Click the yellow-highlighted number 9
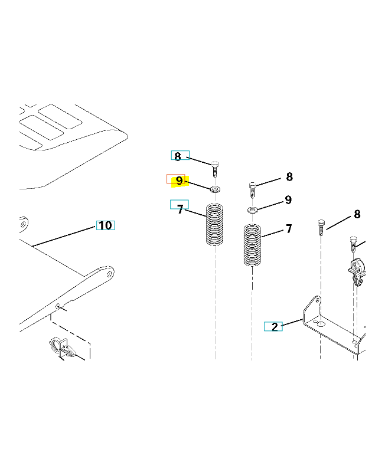(x=180, y=181)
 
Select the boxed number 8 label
(x=178, y=156)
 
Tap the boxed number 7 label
(x=180, y=209)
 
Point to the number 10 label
(x=106, y=225)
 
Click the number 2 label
(x=275, y=327)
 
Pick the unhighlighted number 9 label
(x=288, y=200)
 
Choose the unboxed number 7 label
(x=289, y=229)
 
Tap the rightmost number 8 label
(x=357, y=214)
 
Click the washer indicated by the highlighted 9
(x=215, y=189)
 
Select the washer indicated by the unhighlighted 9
(x=253, y=209)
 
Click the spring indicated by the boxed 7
(x=214, y=225)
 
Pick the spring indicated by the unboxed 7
(x=252, y=245)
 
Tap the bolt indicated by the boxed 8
(x=215, y=169)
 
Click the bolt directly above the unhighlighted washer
(x=253, y=190)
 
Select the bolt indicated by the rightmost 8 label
(x=321, y=228)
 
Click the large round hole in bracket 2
(x=322, y=324)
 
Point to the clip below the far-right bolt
(x=357, y=271)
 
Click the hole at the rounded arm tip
(x=109, y=274)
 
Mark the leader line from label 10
(x=64, y=237)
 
